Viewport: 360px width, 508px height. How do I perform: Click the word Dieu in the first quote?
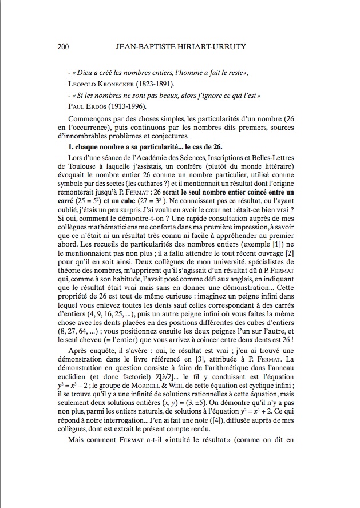point(85,74)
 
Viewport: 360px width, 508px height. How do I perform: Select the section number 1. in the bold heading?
point(70,148)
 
